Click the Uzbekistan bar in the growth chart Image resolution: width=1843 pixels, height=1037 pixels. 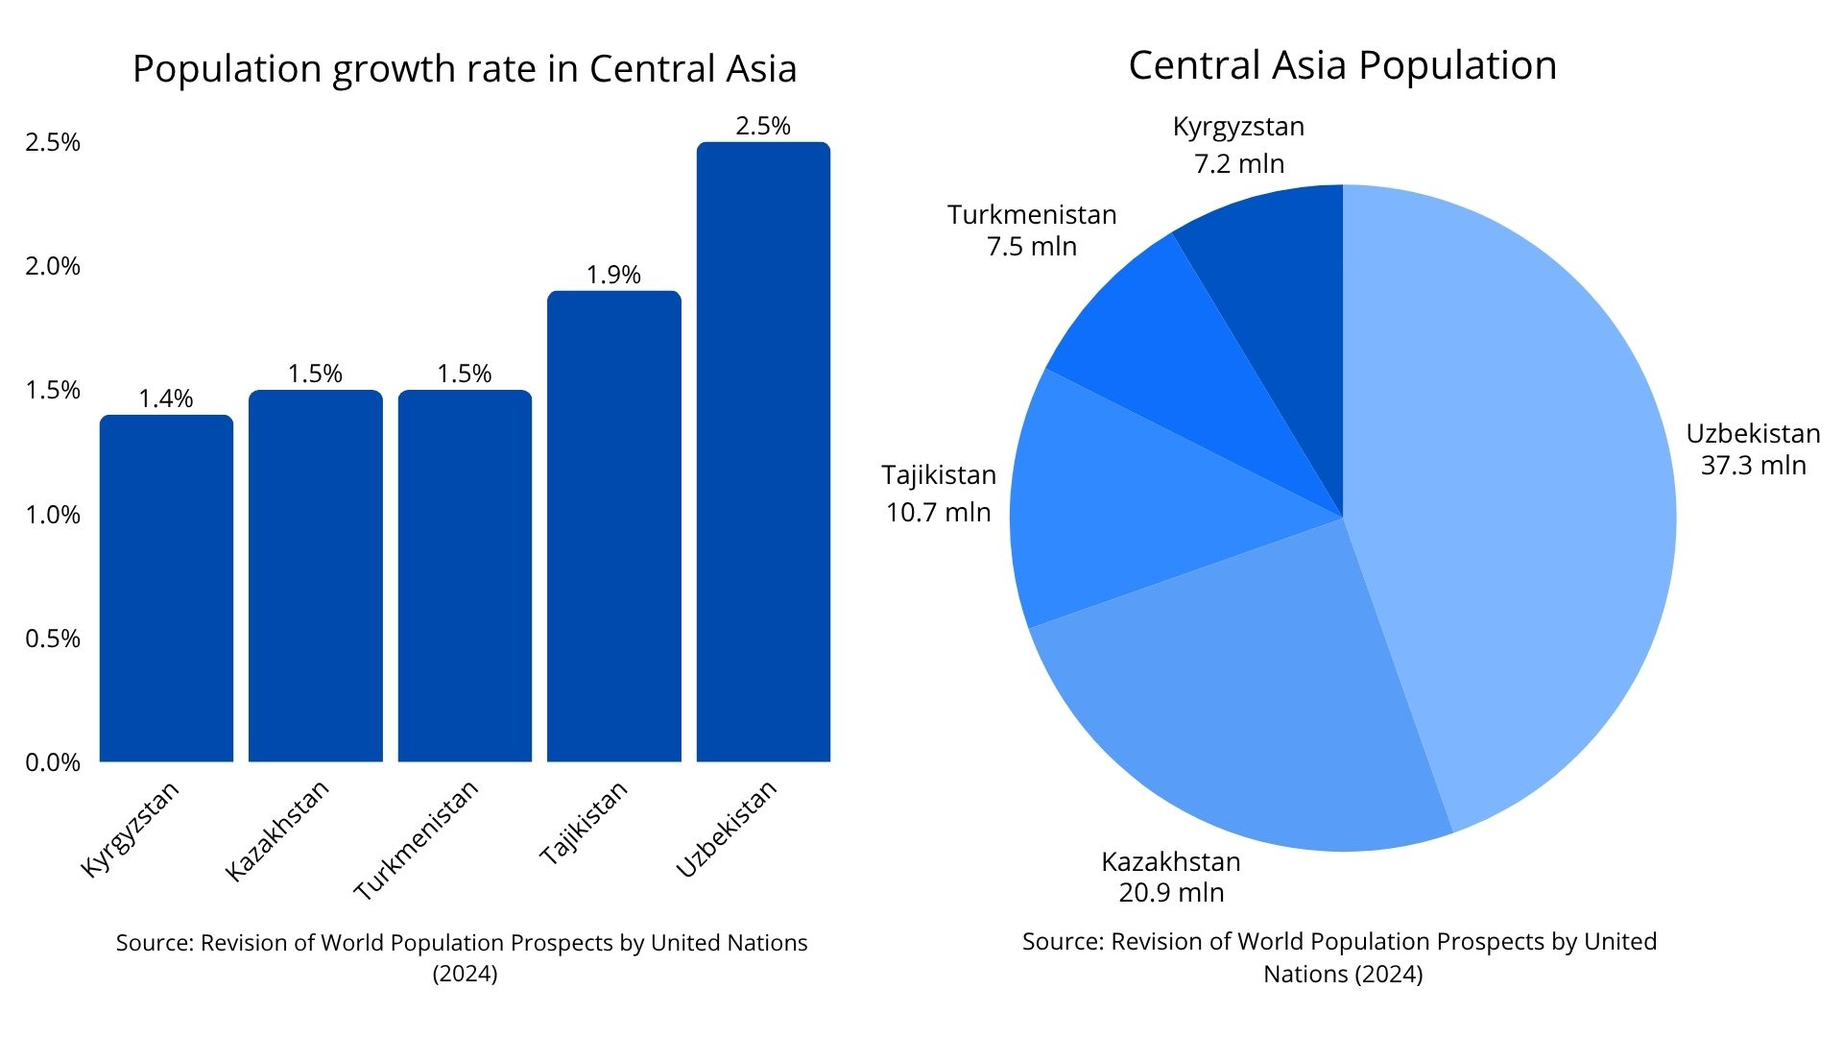point(763,451)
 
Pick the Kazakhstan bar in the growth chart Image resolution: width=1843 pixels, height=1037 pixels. point(315,576)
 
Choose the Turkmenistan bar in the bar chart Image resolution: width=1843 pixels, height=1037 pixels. point(465,576)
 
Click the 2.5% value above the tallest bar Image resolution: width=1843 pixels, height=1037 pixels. point(763,126)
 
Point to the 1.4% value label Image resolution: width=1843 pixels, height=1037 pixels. point(166,398)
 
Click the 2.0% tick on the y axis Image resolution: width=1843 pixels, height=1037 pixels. point(53,266)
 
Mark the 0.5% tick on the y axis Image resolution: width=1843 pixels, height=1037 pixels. point(53,639)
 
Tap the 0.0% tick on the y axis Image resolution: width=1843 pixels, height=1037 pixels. point(53,762)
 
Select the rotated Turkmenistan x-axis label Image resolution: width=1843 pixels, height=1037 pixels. point(417,840)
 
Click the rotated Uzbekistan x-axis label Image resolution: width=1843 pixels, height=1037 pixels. point(727,829)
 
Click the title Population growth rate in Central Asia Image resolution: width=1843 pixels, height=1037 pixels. point(465,69)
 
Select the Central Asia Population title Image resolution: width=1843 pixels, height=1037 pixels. point(1342,65)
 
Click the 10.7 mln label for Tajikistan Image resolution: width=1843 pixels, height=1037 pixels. point(938,512)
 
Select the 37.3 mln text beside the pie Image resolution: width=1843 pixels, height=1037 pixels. point(1754,466)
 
